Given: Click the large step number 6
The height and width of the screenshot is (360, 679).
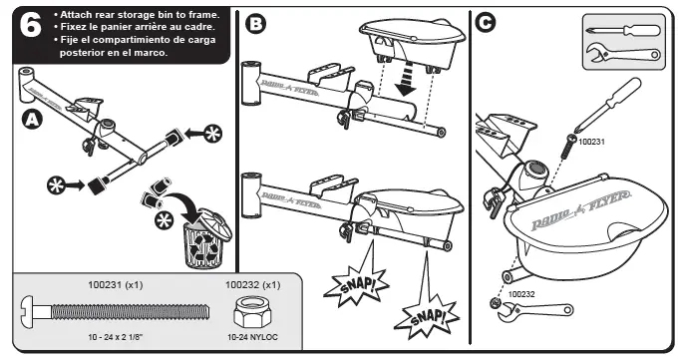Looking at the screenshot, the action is [31, 25].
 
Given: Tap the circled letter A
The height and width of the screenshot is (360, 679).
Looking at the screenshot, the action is [32, 120].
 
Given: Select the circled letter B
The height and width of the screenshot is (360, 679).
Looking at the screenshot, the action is [256, 23].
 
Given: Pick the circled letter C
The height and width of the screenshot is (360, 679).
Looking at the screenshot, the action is [485, 22].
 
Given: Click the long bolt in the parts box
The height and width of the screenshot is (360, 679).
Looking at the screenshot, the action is [115, 312].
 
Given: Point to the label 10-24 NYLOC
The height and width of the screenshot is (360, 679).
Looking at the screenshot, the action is [252, 337].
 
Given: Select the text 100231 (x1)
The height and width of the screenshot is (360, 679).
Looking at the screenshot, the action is [116, 285].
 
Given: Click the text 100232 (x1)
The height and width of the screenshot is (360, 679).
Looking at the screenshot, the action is [252, 285].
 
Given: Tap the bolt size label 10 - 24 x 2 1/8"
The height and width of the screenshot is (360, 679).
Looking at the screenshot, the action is [116, 337].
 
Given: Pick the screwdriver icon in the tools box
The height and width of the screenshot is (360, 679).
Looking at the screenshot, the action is [623, 30].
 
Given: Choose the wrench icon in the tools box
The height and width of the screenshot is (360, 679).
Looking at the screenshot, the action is [623, 53].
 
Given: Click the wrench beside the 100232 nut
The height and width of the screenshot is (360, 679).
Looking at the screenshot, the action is [535, 311].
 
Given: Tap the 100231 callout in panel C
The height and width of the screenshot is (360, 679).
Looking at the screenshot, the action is [591, 142].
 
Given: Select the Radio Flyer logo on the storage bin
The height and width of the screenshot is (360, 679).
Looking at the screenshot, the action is [581, 210].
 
